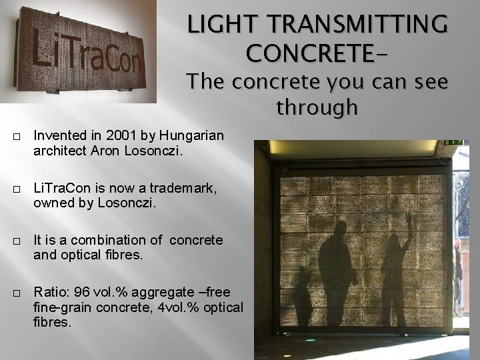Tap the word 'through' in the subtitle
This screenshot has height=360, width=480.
click(317, 107)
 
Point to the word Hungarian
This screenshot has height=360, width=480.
click(183, 136)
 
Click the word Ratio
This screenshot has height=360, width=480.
click(49, 292)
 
